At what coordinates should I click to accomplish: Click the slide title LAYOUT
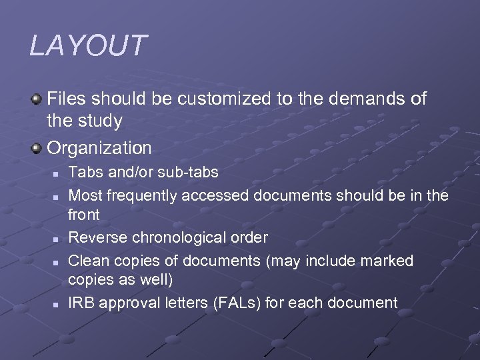(87, 46)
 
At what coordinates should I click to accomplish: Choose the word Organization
(99, 147)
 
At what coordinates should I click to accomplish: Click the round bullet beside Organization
(37, 147)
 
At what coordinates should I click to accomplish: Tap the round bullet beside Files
(37, 99)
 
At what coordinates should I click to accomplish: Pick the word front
(84, 215)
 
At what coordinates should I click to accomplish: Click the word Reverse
(95, 237)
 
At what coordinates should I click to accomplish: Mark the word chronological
(175, 237)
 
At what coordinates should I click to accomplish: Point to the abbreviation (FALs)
(237, 303)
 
